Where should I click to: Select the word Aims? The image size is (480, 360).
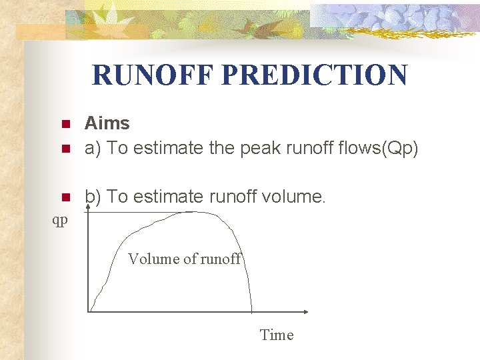pyautogui.click(x=107, y=123)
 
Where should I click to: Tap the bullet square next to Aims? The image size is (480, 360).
pyautogui.click(x=65, y=125)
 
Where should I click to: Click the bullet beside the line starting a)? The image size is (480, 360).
pyautogui.click(x=65, y=149)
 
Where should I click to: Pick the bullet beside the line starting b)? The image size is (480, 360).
pyautogui.click(x=65, y=197)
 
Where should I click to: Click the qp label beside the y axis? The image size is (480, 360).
pyautogui.click(x=60, y=220)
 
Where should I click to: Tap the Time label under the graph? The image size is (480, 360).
pyautogui.click(x=276, y=335)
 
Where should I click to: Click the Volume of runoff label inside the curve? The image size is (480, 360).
pyautogui.click(x=184, y=259)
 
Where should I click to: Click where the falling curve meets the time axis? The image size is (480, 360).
pyautogui.click(x=251, y=311)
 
